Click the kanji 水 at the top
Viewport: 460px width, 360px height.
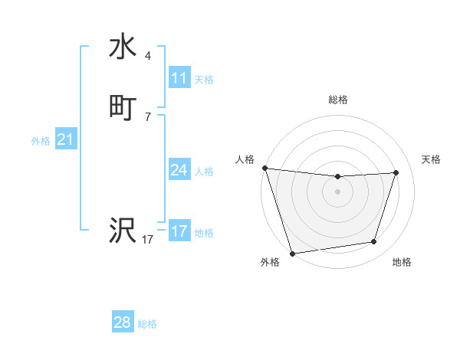[x=123, y=48]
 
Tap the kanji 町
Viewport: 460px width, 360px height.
[x=123, y=108]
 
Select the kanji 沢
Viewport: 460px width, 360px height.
[x=123, y=229]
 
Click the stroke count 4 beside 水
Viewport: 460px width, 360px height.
[x=148, y=56]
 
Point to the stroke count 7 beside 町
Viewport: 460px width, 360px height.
[x=148, y=116]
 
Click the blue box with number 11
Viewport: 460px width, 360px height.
[x=179, y=78]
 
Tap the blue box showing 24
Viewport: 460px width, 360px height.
[x=179, y=170]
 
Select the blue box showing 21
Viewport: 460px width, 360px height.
[x=65, y=139]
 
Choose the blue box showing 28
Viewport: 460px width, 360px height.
[x=123, y=322]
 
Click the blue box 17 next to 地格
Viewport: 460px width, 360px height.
[x=179, y=231]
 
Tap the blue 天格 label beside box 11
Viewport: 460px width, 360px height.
[x=204, y=79]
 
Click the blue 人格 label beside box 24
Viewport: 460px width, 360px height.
[x=204, y=171]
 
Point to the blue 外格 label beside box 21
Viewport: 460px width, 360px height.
[x=41, y=140]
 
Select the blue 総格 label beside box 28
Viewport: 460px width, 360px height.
[x=147, y=323]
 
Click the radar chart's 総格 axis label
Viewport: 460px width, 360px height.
[x=338, y=100]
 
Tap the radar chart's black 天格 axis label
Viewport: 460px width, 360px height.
[x=432, y=159]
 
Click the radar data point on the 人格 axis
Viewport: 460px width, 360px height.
[x=265, y=168]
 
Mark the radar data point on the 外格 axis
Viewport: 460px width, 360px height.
[x=293, y=253]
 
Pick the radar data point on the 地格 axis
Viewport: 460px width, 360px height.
[x=374, y=242]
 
